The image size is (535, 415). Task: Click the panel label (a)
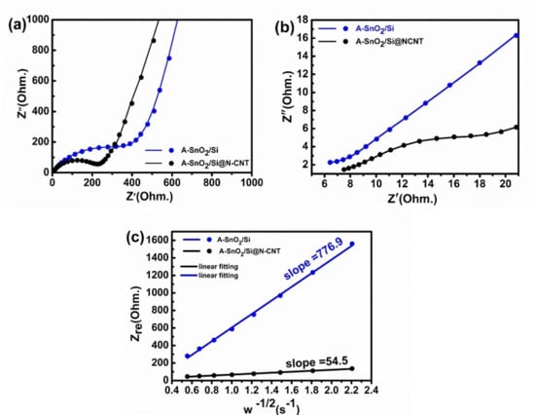point(18,25)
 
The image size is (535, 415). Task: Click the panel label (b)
point(285,28)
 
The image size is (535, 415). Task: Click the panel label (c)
point(135,237)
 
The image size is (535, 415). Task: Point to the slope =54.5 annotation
point(316,362)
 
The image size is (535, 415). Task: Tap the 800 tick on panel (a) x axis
point(211,182)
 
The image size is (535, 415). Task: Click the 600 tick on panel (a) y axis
point(41,81)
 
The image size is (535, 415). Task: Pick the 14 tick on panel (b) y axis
point(300,57)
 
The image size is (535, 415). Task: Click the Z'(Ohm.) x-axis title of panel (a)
point(150,196)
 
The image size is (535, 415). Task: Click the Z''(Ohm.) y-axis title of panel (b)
point(288,96)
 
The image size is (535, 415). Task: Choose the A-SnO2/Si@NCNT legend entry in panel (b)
point(371,42)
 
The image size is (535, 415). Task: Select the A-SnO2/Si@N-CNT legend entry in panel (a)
point(196,163)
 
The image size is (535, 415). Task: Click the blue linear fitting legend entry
point(210,276)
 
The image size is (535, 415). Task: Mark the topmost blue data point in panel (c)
point(352,244)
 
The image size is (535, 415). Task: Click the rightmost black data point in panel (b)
point(517,128)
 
